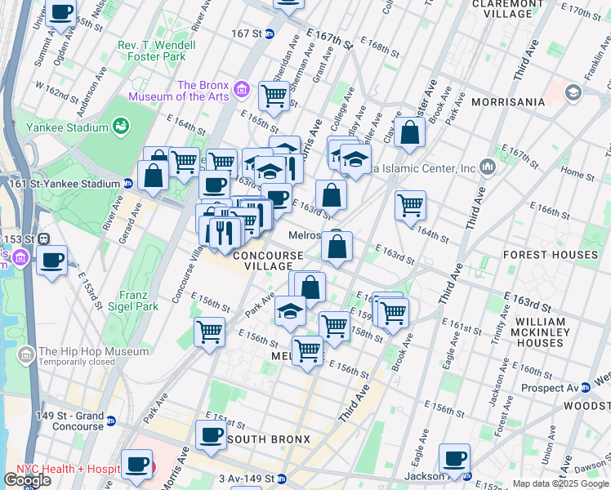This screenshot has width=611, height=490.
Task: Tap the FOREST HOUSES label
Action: (550, 255)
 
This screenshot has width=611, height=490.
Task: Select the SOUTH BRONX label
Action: (269, 439)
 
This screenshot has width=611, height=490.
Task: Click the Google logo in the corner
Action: (27, 479)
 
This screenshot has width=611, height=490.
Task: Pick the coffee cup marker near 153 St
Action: (52, 261)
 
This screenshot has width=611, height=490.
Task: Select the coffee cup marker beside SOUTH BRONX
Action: (212, 434)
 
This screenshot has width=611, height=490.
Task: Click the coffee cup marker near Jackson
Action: (454, 457)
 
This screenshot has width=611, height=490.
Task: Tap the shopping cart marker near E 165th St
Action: (274, 95)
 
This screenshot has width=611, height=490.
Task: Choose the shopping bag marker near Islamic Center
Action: (409, 132)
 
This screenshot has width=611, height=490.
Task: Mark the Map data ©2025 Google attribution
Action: (560, 483)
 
